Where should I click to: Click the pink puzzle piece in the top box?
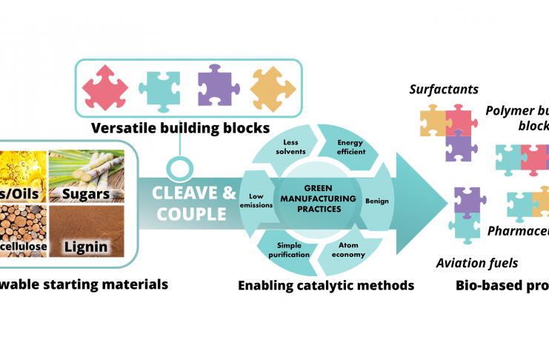pos(106,89)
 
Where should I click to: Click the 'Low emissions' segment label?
pos(256,201)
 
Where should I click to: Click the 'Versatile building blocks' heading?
pos(181,128)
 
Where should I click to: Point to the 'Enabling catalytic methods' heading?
pos(326,284)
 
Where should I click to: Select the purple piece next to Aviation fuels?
pos(469,201)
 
